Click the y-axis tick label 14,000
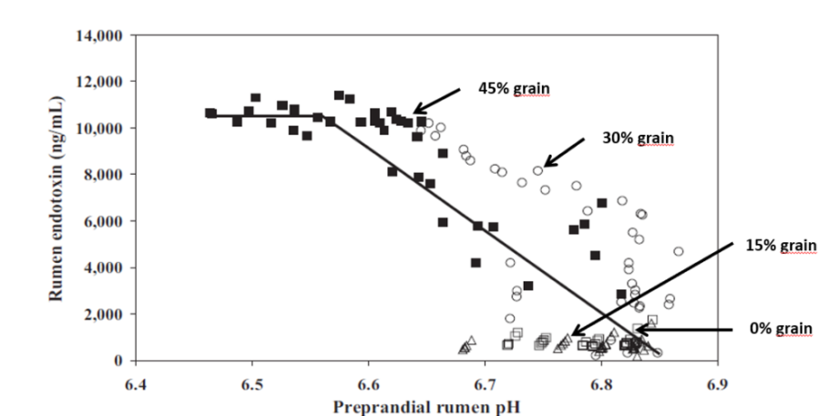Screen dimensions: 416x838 [x=103, y=36]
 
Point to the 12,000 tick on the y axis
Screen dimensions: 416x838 [x=103, y=82]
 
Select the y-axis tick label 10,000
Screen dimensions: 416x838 [x=103, y=128]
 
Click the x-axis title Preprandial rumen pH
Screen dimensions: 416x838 [x=426, y=405]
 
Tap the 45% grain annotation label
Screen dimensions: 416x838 [x=515, y=88]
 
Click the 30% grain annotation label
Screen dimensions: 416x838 [x=637, y=138]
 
